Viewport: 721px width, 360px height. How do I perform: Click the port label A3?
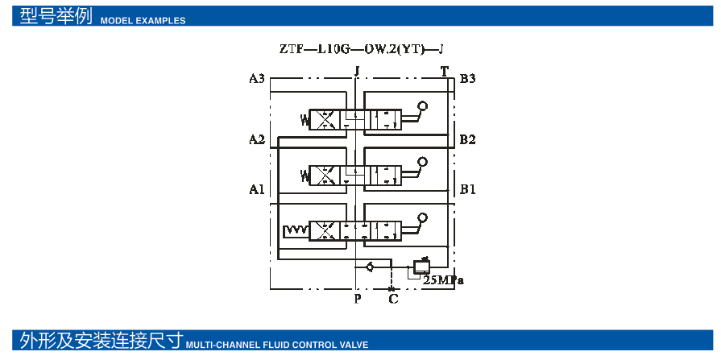tap(257, 79)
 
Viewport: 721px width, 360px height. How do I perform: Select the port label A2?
tap(257, 140)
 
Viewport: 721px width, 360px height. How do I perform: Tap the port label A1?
tap(257, 190)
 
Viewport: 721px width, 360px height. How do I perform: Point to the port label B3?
tap(467, 79)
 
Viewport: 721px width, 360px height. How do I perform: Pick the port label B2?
tap(467, 140)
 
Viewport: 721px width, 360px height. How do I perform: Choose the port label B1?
tap(467, 190)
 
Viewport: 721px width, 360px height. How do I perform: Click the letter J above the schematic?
tap(356, 71)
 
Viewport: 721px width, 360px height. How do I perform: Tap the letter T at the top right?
tap(445, 71)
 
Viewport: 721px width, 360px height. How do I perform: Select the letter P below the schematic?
tap(357, 300)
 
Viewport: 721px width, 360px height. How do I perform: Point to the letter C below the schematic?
tap(393, 300)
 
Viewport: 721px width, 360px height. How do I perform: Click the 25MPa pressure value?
tap(444, 281)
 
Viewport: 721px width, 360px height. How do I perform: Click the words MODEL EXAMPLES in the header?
tap(143, 21)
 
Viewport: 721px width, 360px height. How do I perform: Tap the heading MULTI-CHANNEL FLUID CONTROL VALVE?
tap(277, 345)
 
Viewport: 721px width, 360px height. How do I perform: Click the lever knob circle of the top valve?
tap(423, 106)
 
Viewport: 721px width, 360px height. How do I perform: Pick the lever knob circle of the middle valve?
tap(423, 162)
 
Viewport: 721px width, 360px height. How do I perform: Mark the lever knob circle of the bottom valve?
tap(423, 217)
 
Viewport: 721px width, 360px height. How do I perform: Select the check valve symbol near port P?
tap(370, 267)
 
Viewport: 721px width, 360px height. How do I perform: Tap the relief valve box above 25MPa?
tap(421, 265)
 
